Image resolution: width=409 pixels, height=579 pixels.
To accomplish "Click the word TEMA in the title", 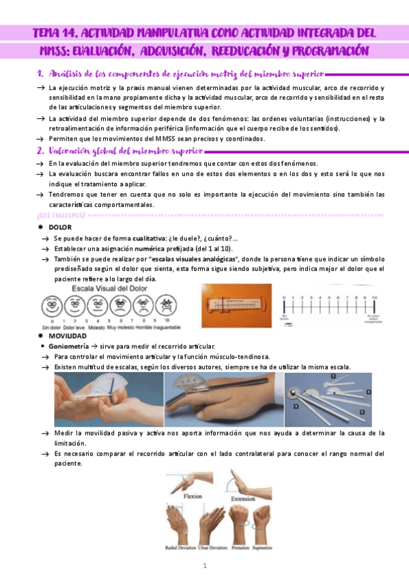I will (x=51, y=33).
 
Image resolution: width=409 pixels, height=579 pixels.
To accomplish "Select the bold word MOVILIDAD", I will (x=68, y=337).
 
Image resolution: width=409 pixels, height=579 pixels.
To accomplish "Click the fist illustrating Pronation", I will (x=240, y=526).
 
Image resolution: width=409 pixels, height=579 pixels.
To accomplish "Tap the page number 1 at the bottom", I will (x=204, y=566).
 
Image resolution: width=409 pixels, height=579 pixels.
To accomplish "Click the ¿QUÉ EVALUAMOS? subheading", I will (x=61, y=216).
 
